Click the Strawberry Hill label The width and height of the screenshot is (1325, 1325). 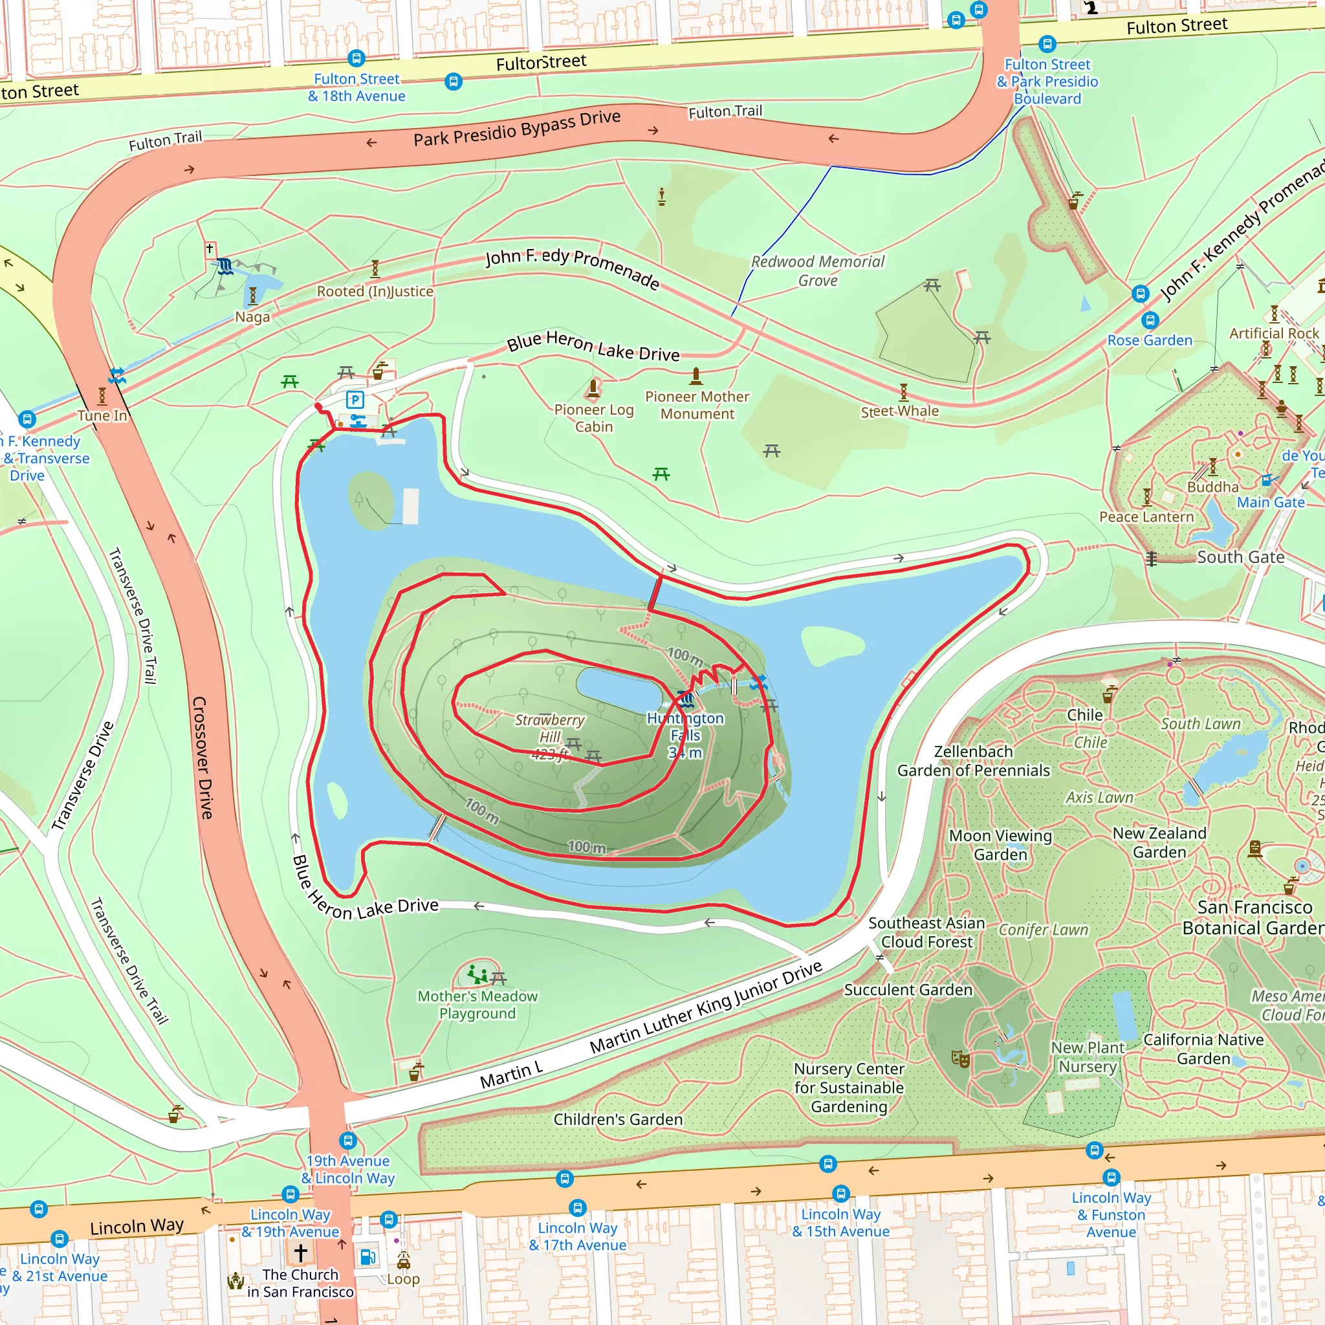coord(549,728)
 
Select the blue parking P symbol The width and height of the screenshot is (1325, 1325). coord(355,399)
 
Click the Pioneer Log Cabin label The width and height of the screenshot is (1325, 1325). coord(594,418)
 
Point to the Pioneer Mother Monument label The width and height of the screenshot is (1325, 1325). coord(697,404)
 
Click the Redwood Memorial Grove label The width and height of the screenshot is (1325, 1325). coord(818,271)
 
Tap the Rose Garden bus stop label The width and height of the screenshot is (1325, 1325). coord(1150,340)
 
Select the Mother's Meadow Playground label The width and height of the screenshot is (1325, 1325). coord(477,1005)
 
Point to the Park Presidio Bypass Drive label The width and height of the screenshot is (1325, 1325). coord(516,128)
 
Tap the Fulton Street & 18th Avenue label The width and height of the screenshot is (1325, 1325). coord(356,88)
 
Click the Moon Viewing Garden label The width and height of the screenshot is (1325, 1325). coord(1000,844)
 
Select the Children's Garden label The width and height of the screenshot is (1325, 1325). coord(618,1119)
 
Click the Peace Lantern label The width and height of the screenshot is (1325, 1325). coord(1146,516)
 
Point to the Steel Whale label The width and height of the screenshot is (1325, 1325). coord(899,411)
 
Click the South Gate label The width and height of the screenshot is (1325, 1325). coord(1240,557)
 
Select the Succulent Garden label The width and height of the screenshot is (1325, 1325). coord(907,990)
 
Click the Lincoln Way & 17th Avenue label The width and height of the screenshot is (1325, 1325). coord(578,1236)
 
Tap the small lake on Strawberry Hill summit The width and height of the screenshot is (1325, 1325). coord(617,686)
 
